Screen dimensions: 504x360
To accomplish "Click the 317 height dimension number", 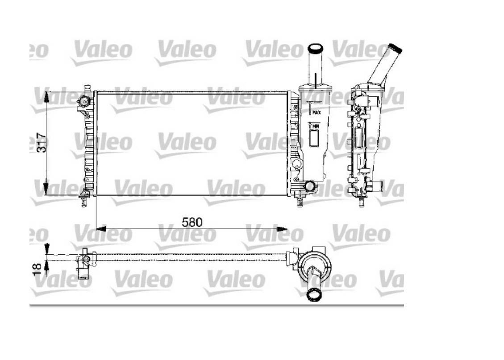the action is pos(42,142).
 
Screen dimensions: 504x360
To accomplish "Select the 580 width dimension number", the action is pos(192,222).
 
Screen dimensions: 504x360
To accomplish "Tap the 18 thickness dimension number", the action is pos(37,268).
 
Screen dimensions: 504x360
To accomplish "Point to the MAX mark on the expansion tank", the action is pos(317,112).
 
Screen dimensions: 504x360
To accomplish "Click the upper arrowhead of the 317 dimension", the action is pos(47,97).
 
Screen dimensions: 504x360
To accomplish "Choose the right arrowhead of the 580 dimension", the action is pos(282,229).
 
